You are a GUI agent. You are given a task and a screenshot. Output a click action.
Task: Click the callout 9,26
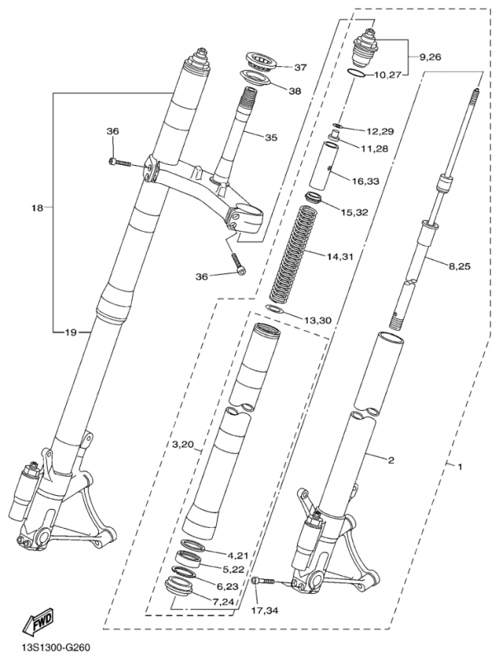pyautogui.click(x=431, y=57)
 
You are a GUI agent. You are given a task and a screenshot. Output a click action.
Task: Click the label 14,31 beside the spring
pyautogui.click(x=341, y=257)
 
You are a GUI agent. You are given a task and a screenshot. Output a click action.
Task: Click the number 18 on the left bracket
pyautogui.click(x=36, y=209)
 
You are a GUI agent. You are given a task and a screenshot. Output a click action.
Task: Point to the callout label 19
pyautogui.click(x=70, y=332)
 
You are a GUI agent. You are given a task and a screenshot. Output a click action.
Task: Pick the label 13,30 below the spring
pyautogui.click(x=318, y=319)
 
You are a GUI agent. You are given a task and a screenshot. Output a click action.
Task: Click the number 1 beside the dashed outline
pyautogui.click(x=459, y=468)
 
